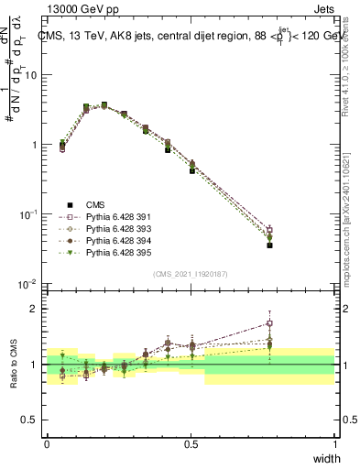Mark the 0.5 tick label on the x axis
click(x=191, y=444)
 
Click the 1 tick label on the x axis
click(x=335, y=444)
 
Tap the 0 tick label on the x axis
click(x=47, y=444)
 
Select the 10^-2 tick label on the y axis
click(x=27, y=285)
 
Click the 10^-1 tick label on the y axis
click(x=27, y=215)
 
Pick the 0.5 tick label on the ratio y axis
click(x=31, y=420)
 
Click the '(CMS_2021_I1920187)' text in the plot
click(x=191, y=273)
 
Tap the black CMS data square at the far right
click(x=269, y=245)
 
